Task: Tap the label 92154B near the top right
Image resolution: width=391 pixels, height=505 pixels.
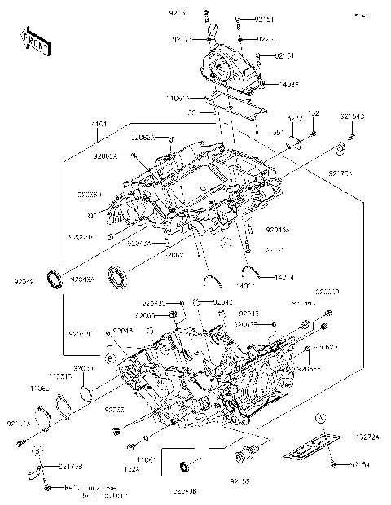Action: point(353,116)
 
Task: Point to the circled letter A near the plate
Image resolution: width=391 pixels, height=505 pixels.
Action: point(322,415)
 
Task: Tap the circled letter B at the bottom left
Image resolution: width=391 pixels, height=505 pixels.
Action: point(37,449)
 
